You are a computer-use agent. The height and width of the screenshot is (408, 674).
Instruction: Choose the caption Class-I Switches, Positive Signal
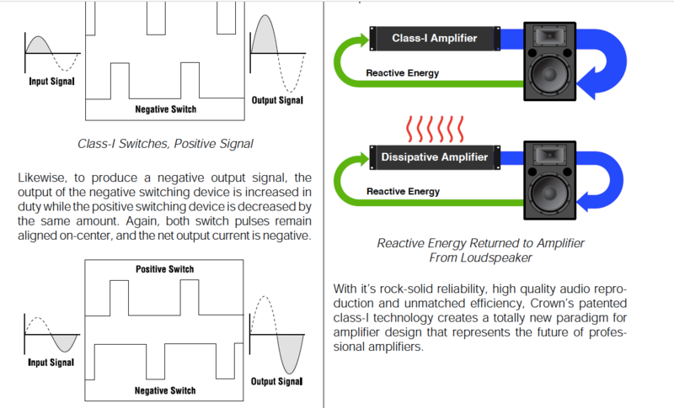click(x=163, y=144)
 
